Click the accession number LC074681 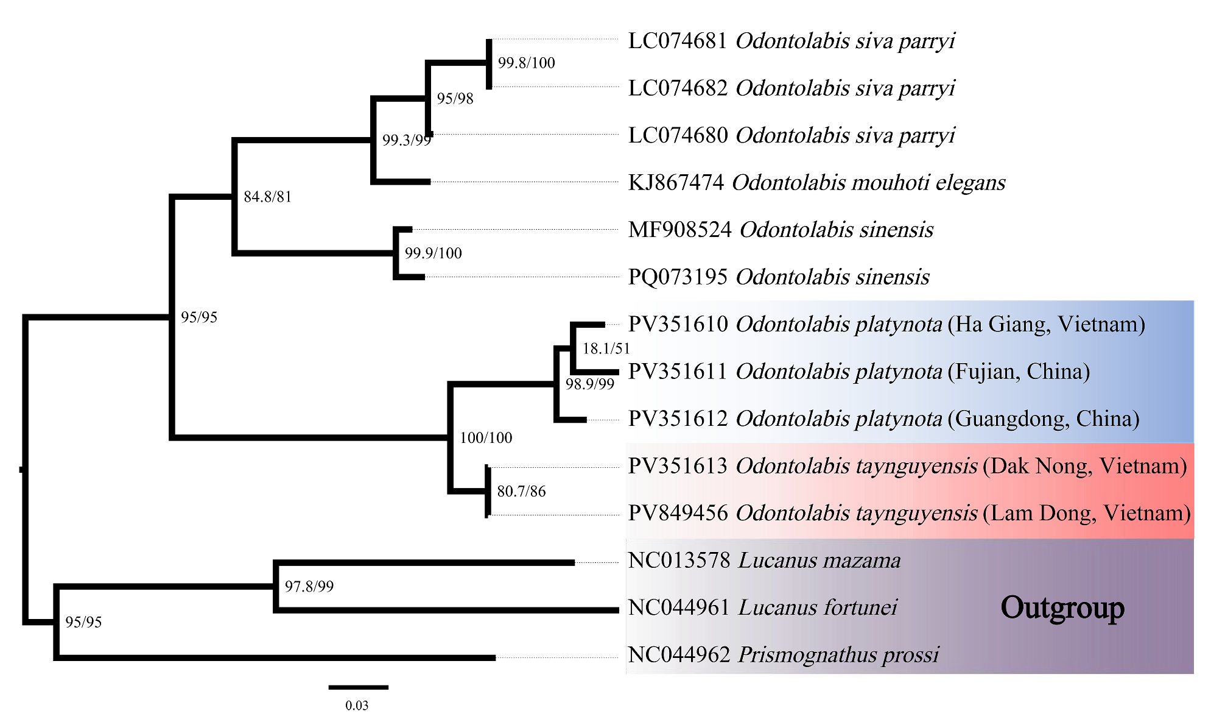click(678, 41)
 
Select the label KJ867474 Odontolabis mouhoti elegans click(816, 183)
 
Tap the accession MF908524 click(679, 230)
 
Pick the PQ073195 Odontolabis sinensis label click(779, 277)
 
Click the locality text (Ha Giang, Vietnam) click(1046, 324)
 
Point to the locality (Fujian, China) click(1019, 372)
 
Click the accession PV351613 click(678, 466)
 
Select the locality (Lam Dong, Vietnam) click(1087, 514)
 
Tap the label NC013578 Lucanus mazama click(764, 561)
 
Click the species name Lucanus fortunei click(818, 608)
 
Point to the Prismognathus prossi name click(838, 655)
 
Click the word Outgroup click(1062, 608)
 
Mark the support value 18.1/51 click(606, 348)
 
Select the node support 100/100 click(486, 437)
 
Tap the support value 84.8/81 click(267, 197)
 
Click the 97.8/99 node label click(309, 587)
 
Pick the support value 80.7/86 click(521, 491)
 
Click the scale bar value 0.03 click(357, 706)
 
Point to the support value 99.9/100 click(433, 253)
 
